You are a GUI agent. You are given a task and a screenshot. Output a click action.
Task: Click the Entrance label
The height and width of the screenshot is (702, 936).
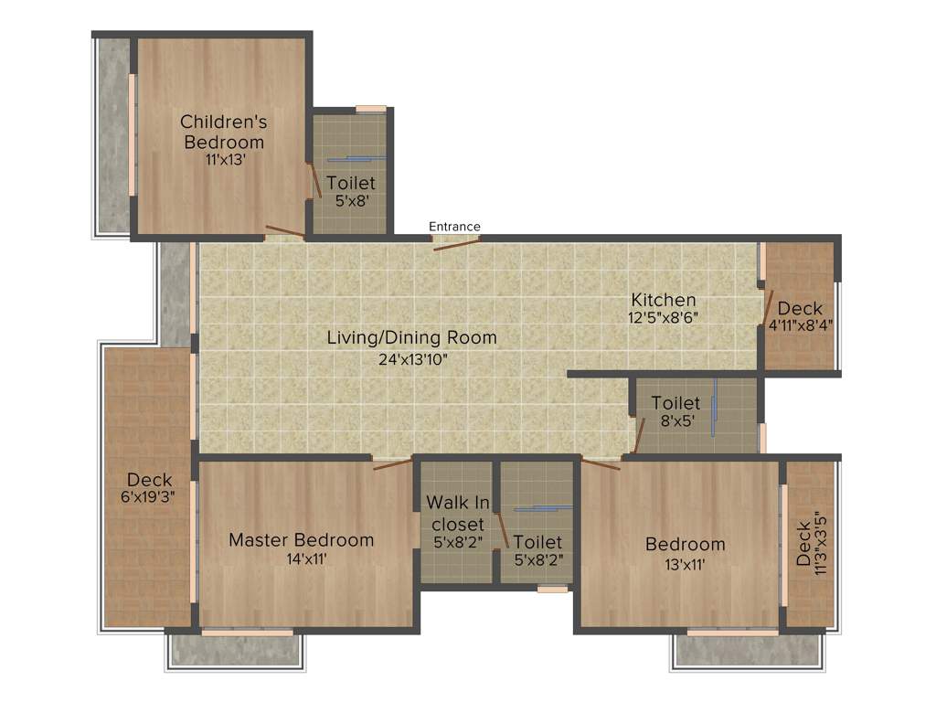coord(454,227)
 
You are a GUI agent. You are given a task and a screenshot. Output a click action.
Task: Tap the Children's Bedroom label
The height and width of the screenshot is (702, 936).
coord(223,132)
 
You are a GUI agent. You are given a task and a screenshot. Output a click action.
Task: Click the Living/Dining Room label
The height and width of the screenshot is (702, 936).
coord(411,337)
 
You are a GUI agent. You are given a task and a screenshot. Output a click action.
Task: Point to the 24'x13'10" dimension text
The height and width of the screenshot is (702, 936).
coord(411,358)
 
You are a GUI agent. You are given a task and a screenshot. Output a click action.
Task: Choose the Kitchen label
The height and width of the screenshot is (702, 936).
coord(664,300)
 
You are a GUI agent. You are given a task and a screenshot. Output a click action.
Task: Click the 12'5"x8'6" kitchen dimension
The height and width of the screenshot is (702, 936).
coord(664,318)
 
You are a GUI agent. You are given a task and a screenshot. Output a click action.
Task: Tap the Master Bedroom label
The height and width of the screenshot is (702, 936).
coord(301,540)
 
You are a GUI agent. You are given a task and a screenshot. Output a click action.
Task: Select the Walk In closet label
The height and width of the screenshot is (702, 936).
coord(458,513)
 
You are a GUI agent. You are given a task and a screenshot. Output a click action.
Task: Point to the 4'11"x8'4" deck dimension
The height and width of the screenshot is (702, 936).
coord(800,324)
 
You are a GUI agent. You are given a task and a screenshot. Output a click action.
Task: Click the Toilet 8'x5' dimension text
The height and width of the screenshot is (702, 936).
coord(675,421)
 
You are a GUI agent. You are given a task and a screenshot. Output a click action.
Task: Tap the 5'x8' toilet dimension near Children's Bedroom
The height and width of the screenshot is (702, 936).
coord(350,201)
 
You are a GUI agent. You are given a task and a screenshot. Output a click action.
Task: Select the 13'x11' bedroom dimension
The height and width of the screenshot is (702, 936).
coord(685,564)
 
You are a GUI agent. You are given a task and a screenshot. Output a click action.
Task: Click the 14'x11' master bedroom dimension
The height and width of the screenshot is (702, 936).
coord(301,558)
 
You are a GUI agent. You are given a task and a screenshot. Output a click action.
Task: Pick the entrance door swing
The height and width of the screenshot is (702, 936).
coord(456,243)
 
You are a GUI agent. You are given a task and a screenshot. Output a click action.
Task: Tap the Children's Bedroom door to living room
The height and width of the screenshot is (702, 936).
coord(284,231)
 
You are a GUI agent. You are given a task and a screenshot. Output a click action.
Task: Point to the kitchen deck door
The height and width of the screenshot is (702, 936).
coord(769,308)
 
